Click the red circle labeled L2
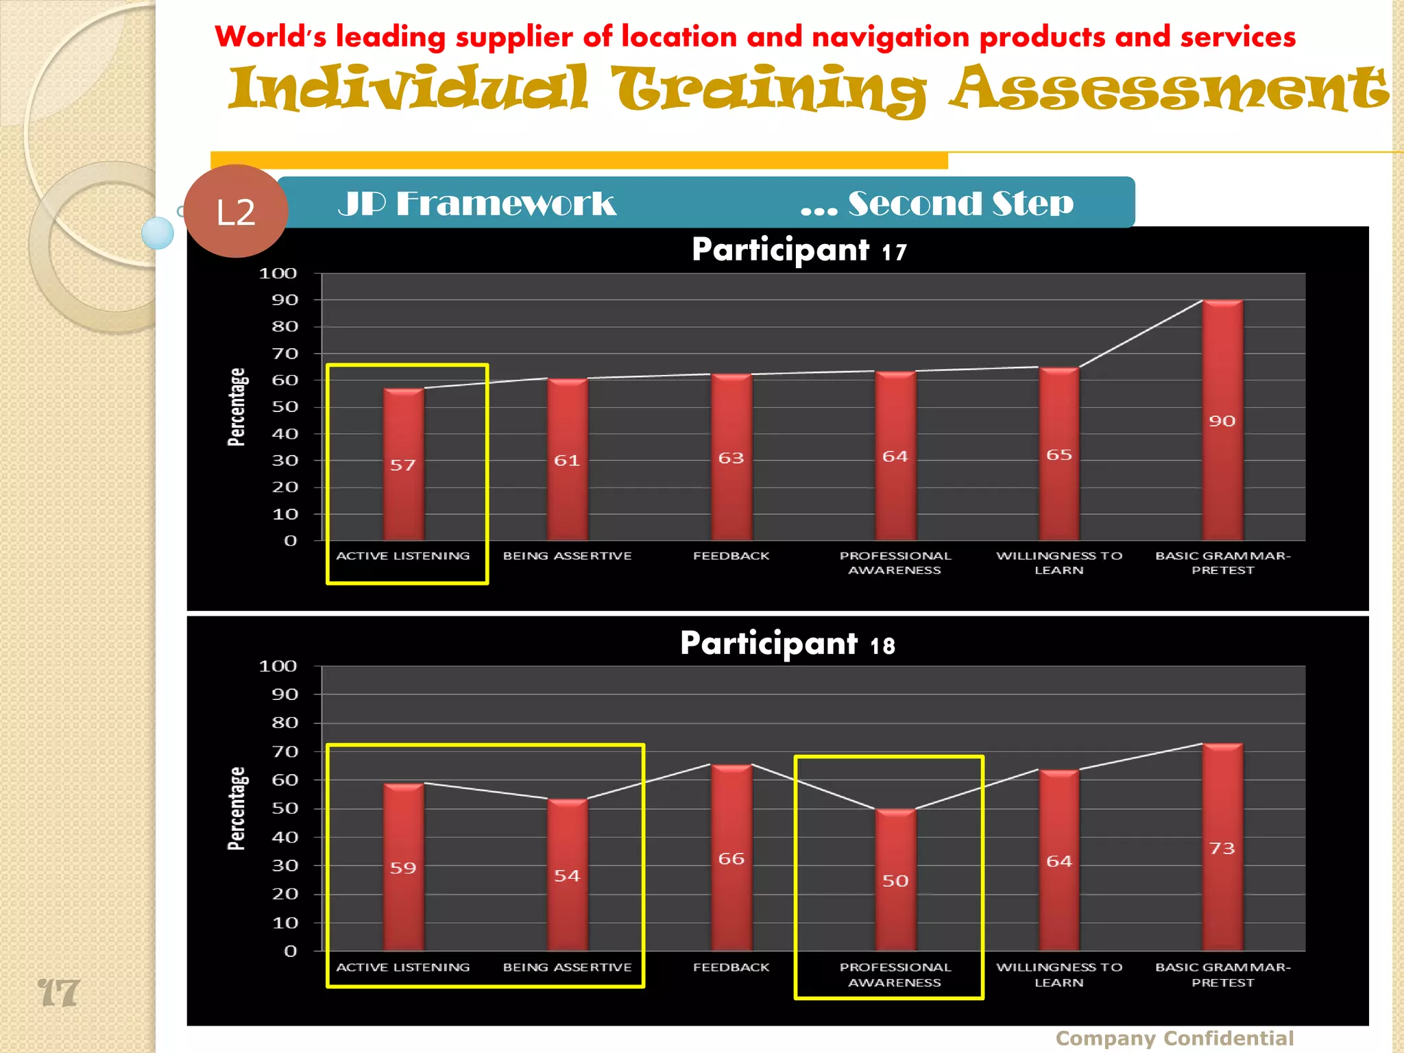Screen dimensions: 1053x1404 tap(235, 211)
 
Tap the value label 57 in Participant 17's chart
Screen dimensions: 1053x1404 tap(403, 465)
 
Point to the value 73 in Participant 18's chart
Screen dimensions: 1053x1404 tap(1222, 849)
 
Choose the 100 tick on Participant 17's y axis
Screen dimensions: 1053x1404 tap(278, 274)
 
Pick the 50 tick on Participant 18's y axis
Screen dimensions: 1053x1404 tap(285, 808)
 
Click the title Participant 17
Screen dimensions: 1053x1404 tap(799, 250)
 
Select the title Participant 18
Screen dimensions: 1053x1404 tap(787, 644)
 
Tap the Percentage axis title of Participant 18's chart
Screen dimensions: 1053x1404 tap(237, 808)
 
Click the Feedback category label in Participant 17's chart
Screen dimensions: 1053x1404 tap(731, 556)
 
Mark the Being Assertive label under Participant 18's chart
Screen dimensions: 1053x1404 tap(567, 967)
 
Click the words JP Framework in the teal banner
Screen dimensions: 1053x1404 tap(477, 204)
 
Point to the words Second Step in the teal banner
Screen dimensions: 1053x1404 tap(960, 204)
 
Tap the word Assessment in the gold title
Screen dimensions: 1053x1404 tap(1168, 89)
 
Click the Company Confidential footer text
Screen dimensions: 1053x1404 tap(1174, 1038)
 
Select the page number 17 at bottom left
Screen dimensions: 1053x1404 tap(59, 993)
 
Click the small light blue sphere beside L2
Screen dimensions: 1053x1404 tap(158, 233)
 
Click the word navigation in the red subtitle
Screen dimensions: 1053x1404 tap(891, 37)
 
